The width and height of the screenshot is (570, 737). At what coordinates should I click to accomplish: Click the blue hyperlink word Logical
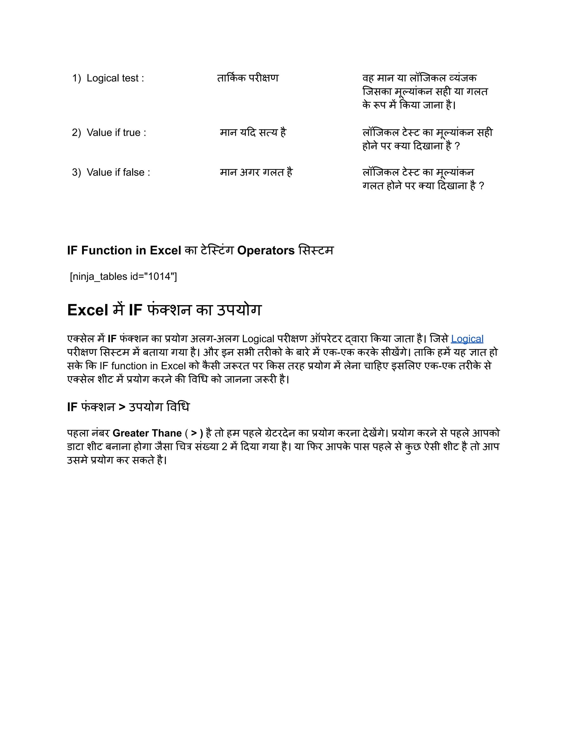coord(467,339)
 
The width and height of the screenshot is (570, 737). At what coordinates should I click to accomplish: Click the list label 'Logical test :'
coord(115,78)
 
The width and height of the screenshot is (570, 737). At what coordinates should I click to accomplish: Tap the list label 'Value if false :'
coord(118,172)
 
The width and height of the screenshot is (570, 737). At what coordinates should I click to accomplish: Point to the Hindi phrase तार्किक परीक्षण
coord(248,78)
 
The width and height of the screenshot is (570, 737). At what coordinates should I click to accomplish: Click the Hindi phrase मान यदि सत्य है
coord(253,133)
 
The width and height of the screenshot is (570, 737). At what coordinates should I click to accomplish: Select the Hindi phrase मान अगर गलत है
coord(256,172)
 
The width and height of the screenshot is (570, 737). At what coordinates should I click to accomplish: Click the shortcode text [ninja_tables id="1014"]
coord(123,277)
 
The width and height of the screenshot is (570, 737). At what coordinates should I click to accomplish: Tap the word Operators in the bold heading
coord(266,251)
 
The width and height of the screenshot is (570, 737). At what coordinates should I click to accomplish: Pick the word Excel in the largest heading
coord(87,310)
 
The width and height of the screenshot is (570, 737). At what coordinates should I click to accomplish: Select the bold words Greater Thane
coord(147,433)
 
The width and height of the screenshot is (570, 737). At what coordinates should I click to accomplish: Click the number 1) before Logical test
coord(76,78)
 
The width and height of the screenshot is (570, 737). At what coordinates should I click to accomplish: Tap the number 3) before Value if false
coord(76,172)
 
